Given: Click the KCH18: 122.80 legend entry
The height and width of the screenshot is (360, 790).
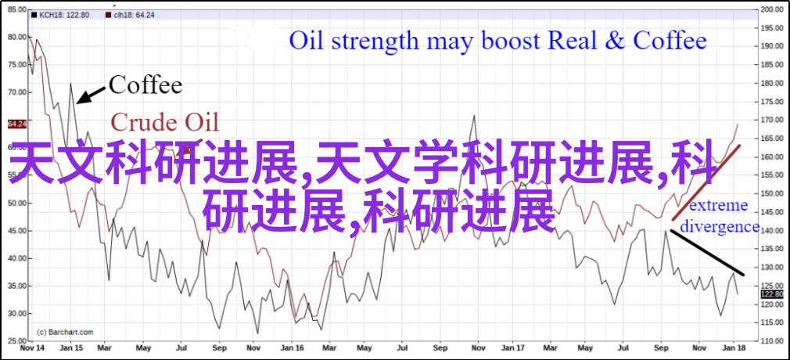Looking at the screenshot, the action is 59,15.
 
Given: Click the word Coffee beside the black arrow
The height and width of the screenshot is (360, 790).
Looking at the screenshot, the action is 145,85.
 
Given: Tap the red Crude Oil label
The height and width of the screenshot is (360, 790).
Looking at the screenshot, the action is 165,123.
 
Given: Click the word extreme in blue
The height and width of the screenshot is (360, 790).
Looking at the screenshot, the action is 719,206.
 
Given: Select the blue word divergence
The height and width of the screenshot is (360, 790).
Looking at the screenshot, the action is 720,227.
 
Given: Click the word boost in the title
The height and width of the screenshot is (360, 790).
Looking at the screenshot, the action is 510,41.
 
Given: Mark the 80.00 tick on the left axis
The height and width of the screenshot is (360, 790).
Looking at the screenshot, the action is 16,37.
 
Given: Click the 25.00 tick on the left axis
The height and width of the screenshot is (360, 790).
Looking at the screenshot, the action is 16,341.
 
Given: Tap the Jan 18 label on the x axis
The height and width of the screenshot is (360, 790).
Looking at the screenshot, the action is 737,349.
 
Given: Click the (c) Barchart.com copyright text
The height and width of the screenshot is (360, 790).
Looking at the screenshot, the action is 66,332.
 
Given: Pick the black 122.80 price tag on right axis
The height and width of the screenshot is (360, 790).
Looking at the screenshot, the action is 772,294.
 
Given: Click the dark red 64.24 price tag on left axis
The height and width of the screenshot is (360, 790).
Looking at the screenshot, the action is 16,124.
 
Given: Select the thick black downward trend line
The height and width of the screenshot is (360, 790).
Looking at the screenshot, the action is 706,253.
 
